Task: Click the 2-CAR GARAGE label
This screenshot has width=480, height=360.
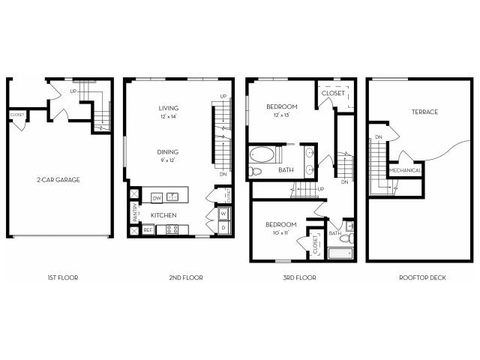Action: [x=58, y=180]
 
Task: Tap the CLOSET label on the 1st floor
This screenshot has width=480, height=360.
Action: [x=16, y=115]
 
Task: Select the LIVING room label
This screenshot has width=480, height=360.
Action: [x=168, y=107]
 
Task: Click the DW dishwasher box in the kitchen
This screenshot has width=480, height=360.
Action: [x=157, y=198]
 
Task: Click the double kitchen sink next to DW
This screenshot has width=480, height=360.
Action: [x=172, y=197]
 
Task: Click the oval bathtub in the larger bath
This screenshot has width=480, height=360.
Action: [x=262, y=156]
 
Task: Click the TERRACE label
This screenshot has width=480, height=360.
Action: [x=424, y=112]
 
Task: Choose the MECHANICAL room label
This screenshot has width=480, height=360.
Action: [x=405, y=170]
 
